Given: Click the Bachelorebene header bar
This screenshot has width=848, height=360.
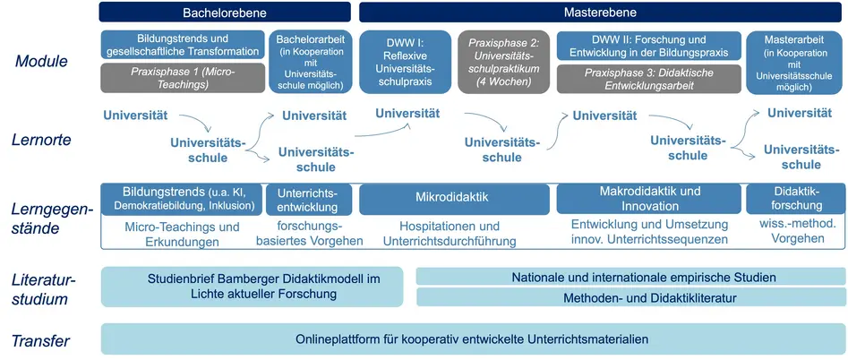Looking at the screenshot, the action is tap(225, 12).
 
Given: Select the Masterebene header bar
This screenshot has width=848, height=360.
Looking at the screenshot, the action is tap(600, 12).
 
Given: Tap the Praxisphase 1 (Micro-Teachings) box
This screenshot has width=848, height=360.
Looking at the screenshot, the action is tap(183, 78).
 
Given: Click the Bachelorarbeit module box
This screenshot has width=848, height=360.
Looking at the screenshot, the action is tap(311, 62).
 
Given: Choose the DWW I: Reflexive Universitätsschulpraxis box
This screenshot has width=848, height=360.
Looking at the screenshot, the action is tap(405, 62).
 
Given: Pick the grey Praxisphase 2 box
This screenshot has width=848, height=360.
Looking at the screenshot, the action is tap(504, 62).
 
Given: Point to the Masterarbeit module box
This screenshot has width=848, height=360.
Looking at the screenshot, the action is tap(792, 62).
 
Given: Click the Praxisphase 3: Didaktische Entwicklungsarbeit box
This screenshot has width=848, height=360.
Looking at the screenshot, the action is tap(648, 80).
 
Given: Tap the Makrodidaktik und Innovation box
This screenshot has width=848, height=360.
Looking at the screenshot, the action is tap(649, 199).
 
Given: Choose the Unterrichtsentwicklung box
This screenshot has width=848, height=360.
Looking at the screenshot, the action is tap(308, 200).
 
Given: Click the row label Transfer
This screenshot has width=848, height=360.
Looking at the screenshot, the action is tap(41, 341).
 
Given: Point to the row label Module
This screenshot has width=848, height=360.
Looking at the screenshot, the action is tap(41, 61).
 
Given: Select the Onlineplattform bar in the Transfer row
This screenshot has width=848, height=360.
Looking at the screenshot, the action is tap(473, 339).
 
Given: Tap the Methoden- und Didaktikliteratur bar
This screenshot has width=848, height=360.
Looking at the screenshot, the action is tap(630, 296).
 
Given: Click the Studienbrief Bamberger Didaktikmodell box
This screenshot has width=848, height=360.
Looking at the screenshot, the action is tap(252, 287).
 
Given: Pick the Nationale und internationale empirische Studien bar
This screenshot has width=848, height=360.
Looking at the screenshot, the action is tap(630, 276).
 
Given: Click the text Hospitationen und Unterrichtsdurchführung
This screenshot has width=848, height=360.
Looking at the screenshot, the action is tap(450, 234).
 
